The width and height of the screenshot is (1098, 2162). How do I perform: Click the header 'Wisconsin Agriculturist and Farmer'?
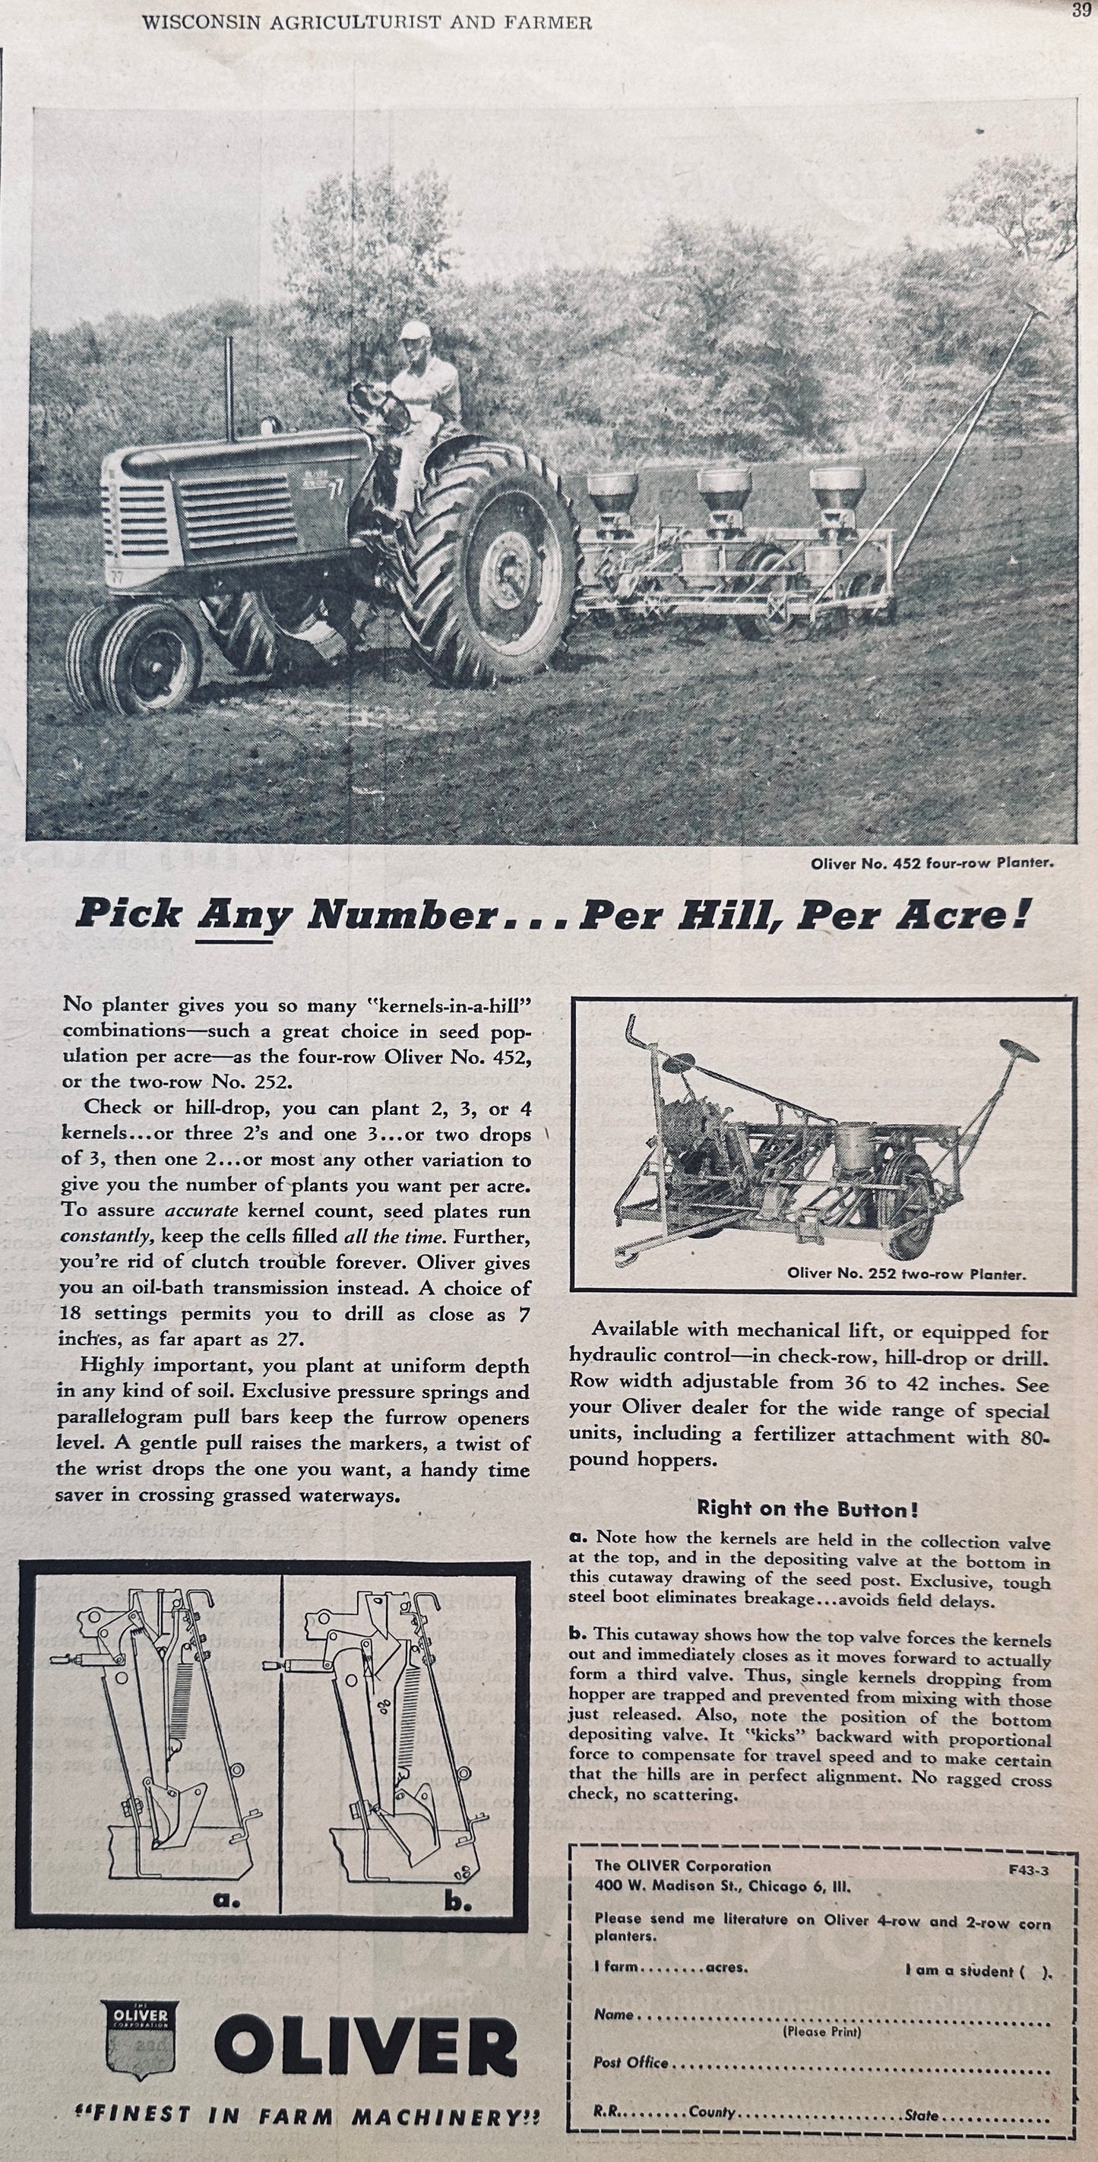(x=368, y=23)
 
